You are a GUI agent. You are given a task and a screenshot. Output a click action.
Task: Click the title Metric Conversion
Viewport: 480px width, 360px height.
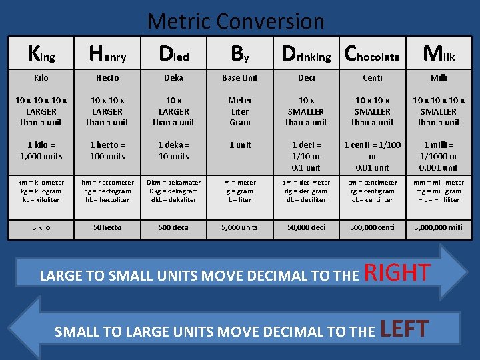point(235,21)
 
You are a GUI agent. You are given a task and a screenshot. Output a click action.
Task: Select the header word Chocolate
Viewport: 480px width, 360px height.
point(372,54)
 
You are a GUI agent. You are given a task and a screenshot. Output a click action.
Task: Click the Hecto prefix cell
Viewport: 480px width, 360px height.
point(107,78)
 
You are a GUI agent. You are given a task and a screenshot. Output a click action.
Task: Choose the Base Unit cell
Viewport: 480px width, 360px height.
point(240,78)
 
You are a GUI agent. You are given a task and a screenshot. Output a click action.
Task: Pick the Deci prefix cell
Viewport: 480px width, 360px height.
point(306,78)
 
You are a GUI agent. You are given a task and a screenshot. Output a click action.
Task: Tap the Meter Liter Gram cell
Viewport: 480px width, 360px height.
point(240,111)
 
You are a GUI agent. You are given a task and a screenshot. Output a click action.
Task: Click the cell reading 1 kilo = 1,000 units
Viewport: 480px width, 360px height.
point(41,151)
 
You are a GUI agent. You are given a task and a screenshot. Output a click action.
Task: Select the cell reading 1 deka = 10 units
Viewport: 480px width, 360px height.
point(173,151)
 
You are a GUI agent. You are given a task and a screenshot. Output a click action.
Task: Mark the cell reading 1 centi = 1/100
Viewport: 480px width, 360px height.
point(372,156)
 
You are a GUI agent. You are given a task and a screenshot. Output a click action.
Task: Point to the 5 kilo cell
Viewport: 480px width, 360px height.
point(41,227)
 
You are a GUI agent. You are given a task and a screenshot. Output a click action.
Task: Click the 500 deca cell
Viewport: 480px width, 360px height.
point(173,227)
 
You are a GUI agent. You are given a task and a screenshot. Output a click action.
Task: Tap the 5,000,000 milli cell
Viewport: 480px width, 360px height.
point(439,227)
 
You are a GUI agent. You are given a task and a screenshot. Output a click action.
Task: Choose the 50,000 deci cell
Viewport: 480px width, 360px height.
point(306,227)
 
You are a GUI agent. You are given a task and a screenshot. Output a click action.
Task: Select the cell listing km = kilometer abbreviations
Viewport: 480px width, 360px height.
point(41,191)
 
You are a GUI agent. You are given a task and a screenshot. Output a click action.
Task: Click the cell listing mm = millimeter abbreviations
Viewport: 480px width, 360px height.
point(439,191)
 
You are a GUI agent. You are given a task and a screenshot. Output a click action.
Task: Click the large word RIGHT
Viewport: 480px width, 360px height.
point(397,273)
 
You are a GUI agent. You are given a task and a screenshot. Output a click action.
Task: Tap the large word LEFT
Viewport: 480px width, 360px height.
point(404,329)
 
